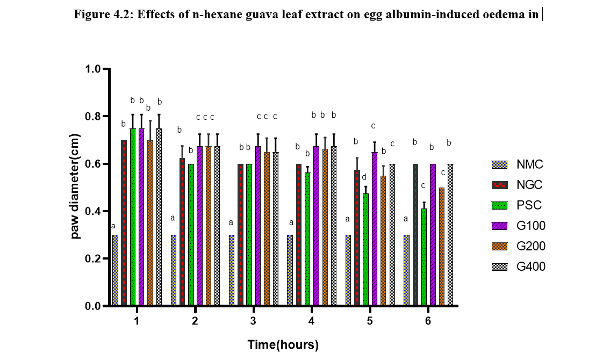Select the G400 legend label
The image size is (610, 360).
(531, 266)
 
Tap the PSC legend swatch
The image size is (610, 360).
(500, 205)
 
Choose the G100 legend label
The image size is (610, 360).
(531, 226)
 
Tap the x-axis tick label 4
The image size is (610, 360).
(312, 321)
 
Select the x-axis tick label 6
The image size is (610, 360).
(428, 321)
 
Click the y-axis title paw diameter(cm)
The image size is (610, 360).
(76, 188)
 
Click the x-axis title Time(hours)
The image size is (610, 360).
(283, 345)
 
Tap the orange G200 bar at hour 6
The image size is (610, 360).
(442, 247)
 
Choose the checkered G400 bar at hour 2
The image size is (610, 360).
(217, 226)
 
